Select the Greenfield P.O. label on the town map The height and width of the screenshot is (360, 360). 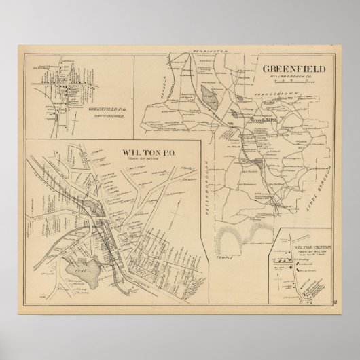[264, 120]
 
